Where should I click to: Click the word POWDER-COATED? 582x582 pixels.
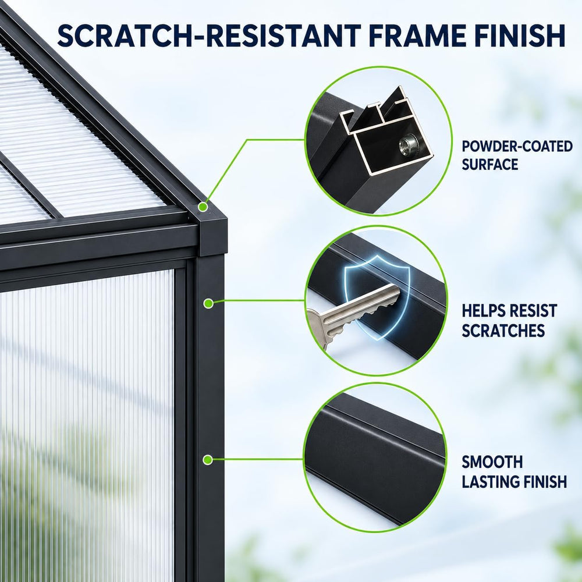click(x=517, y=147)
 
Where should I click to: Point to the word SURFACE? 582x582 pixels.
click(x=489, y=164)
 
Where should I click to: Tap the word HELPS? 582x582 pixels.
click(x=482, y=311)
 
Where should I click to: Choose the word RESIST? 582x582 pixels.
click(x=533, y=311)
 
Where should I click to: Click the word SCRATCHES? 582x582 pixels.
click(x=503, y=331)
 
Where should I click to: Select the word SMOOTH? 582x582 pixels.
click(x=492, y=462)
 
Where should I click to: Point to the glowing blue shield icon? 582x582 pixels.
click(x=375, y=297)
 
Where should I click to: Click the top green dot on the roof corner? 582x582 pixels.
click(x=203, y=207)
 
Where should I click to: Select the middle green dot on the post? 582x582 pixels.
click(x=208, y=303)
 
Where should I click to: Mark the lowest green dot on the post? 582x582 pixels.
click(x=208, y=460)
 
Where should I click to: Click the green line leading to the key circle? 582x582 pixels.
click(x=259, y=301)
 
